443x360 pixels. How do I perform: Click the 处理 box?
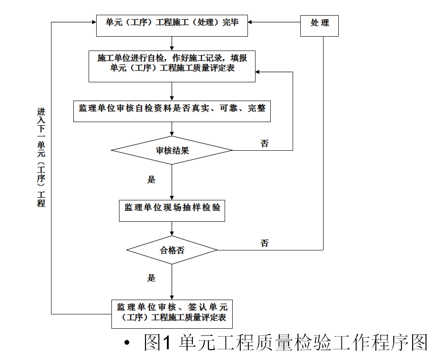319,25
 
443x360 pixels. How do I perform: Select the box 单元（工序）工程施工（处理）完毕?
172,25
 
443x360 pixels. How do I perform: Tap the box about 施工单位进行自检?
172,66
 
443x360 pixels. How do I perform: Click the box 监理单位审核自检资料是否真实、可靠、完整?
172,111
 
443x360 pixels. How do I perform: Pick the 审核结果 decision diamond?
172,150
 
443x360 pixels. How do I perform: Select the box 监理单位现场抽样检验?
172,211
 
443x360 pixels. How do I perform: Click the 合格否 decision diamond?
172,250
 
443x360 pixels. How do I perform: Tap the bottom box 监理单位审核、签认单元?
172,314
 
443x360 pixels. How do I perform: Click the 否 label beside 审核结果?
264,144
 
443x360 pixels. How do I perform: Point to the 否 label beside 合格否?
264,243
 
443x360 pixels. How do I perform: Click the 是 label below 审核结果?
151,179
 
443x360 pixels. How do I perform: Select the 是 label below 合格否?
151,278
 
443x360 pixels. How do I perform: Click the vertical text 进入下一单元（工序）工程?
41,157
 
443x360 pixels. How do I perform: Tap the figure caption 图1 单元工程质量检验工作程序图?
285,342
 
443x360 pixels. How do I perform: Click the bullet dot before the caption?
127,343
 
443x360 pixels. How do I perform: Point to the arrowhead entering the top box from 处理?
250,22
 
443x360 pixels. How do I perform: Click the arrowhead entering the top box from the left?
94,22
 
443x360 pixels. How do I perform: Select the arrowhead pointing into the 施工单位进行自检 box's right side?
258,72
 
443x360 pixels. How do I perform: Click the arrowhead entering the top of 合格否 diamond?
172,233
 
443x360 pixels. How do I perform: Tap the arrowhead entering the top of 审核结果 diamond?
172,134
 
